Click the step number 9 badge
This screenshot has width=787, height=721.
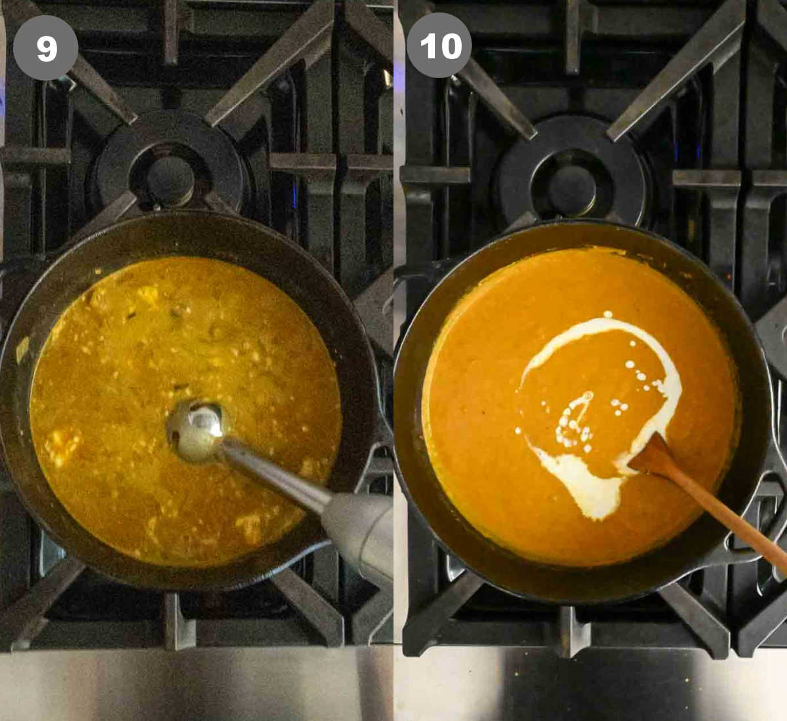[46, 48]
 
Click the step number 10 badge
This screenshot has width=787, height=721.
[439, 45]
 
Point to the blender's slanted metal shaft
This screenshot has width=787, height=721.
[275, 471]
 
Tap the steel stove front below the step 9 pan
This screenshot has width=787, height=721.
[196, 682]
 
